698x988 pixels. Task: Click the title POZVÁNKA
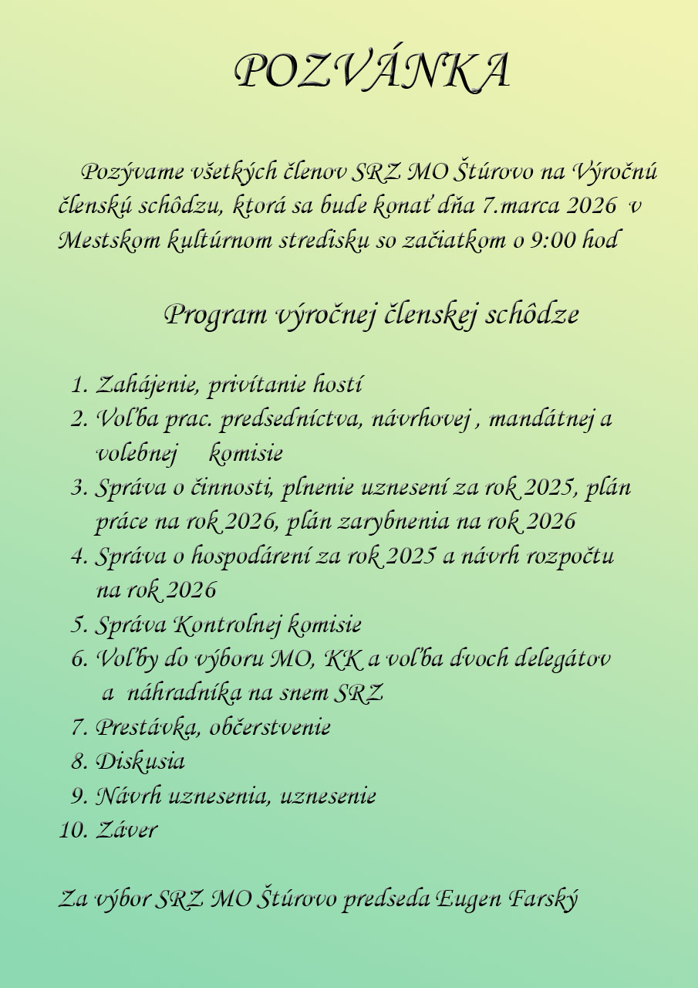pyautogui.click(x=371, y=71)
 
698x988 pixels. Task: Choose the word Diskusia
pyautogui.click(x=140, y=762)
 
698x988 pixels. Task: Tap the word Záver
pyautogui.click(x=126, y=831)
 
